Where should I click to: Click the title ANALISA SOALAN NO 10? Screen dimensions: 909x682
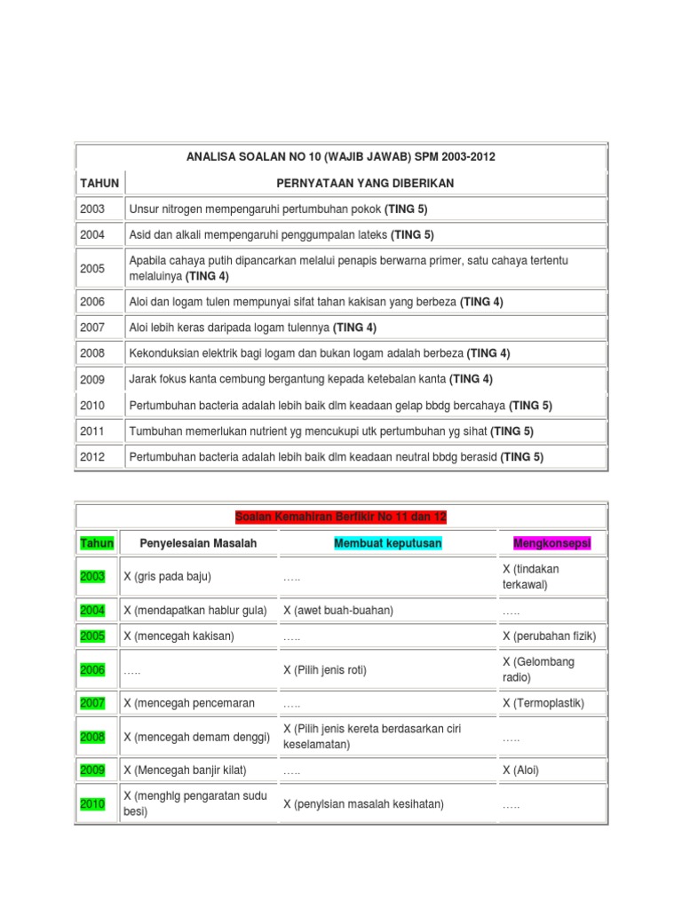[x=341, y=157]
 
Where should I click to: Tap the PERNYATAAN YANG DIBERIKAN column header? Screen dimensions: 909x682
[x=365, y=183]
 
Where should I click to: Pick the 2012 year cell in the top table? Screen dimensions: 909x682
[x=92, y=457]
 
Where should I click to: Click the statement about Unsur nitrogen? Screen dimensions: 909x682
[x=279, y=209]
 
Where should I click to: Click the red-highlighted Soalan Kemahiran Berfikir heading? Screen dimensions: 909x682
[x=341, y=517]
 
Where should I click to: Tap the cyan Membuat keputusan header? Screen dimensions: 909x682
[x=388, y=543]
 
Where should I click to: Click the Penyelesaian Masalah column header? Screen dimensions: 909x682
[x=198, y=543]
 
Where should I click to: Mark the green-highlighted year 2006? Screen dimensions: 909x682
[x=92, y=670]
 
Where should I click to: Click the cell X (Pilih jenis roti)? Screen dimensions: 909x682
[x=325, y=670]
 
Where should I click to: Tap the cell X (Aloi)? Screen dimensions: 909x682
[x=520, y=771]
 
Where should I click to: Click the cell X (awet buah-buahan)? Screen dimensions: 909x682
[x=338, y=611]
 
